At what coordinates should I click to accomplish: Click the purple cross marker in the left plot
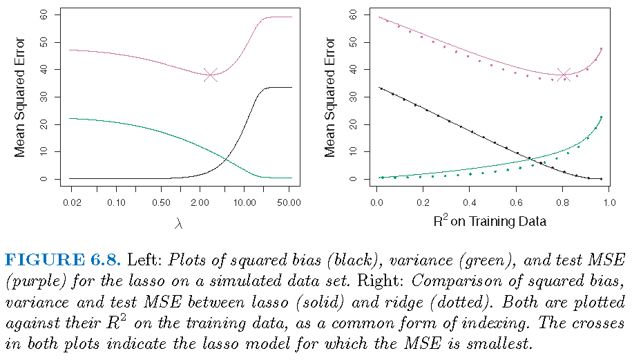[211, 75]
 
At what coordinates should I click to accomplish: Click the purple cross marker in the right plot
[564, 75]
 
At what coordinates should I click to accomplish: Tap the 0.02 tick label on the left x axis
[71, 202]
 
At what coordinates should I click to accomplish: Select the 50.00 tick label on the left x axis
[288, 202]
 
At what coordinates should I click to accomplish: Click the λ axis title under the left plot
[180, 222]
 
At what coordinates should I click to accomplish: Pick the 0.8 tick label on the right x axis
[563, 202]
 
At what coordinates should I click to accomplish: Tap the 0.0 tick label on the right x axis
[376, 202]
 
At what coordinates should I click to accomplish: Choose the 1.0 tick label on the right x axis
[609, 202]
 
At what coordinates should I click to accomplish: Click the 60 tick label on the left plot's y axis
[44, 15]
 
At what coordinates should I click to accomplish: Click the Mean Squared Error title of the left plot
[20, 97]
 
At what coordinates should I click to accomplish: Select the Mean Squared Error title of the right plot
[330, 97]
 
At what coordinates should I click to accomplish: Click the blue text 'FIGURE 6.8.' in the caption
[64, 260]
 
